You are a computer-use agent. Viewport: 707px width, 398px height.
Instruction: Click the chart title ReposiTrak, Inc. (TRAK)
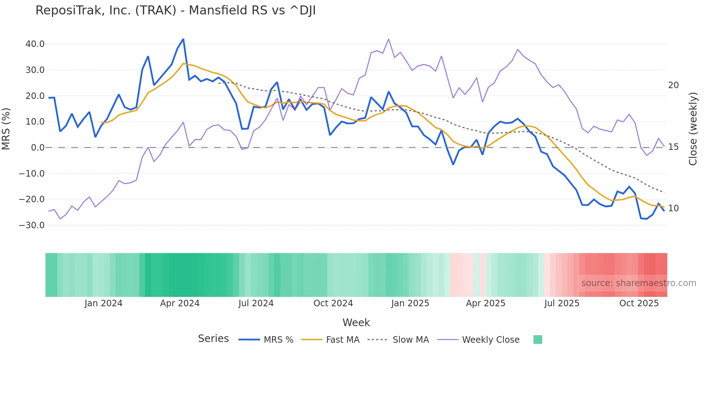click(x=175, y=10)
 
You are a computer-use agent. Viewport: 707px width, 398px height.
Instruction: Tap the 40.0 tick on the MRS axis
click(x=35, y=44)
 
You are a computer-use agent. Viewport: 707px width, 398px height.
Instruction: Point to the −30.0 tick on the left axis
click(x=32, y=225)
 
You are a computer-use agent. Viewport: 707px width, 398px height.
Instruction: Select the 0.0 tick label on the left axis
click(x=38, y=148)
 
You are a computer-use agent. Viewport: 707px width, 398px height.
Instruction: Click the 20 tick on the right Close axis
click(x=673, y=85)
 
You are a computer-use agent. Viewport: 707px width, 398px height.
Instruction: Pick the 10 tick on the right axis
click(x=673, y=208)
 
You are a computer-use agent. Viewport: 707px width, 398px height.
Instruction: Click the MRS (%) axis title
click(x=6, y=129)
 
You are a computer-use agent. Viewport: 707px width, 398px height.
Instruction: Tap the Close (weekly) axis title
click(x=693, y=129)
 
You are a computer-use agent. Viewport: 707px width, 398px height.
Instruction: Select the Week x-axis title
click(x=356, y=323)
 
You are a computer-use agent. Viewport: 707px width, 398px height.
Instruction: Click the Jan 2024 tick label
click(x=104, y=303)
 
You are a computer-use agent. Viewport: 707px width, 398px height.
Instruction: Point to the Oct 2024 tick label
click(x=333, y=303)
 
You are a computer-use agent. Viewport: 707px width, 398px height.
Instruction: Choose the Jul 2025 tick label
click(x=562, y=303)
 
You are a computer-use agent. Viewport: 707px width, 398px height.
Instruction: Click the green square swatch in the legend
click(x=537, y=339)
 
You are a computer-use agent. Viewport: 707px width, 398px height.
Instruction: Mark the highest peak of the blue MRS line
click(x=183, y=39)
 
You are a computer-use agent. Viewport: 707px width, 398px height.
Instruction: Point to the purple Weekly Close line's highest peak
click(x=388, y=39)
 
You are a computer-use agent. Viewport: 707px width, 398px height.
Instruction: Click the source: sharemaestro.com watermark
click(x=638, y=283)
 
